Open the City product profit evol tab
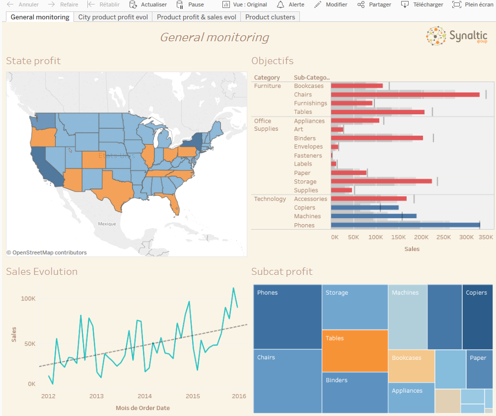(x=113, y=17)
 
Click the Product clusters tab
(x=270, y=17)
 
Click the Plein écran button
(x=472, y=4)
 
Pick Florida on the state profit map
(x=173, y=201)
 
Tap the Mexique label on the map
(x=107, y=224)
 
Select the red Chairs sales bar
(x=405, y=94)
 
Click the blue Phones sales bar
(x=405, y=225)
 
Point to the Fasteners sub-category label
(x=308, y=156)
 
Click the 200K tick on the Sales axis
(x=422, y=238)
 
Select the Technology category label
(x=270, y=199)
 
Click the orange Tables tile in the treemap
(x=354, y=351)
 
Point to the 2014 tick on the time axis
(x=144, y=396)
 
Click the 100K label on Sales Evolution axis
(x=28, y=299)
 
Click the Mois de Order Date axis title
(x=143, y=408)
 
